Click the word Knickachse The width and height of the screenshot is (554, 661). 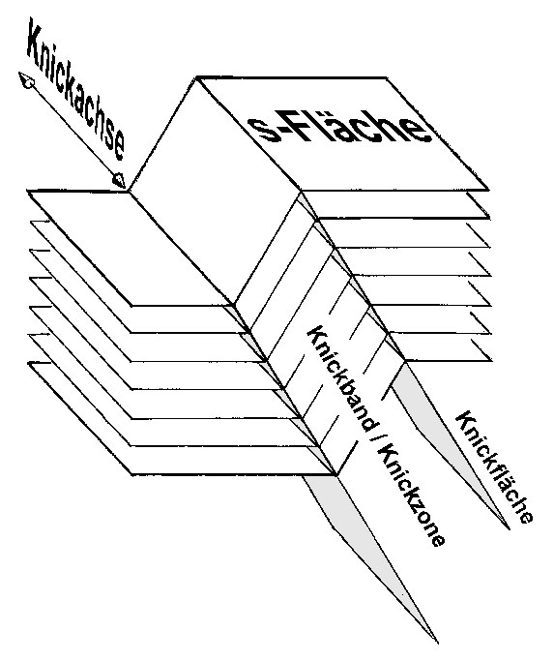(x=75, y=89)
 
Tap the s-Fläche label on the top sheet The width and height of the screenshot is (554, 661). (x=339, y=129)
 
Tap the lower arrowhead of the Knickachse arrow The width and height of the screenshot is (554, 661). (x=118, y=180)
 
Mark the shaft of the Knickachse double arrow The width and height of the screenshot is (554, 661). (x=73, y=131)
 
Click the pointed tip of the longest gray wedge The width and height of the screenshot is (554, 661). (x=438, y=644)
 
